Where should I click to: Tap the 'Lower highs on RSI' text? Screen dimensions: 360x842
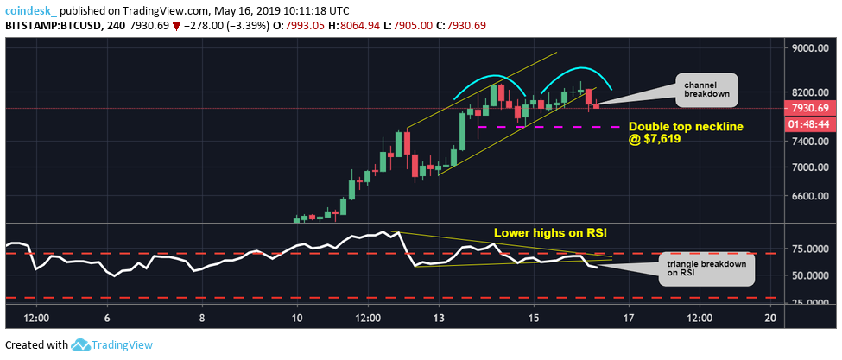[x=543, y=233]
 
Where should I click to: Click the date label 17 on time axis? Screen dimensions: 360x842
[x=629, y=318]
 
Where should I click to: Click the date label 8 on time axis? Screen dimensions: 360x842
[x=202, y=318]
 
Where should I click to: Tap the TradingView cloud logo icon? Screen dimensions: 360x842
[x=80, y=344]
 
